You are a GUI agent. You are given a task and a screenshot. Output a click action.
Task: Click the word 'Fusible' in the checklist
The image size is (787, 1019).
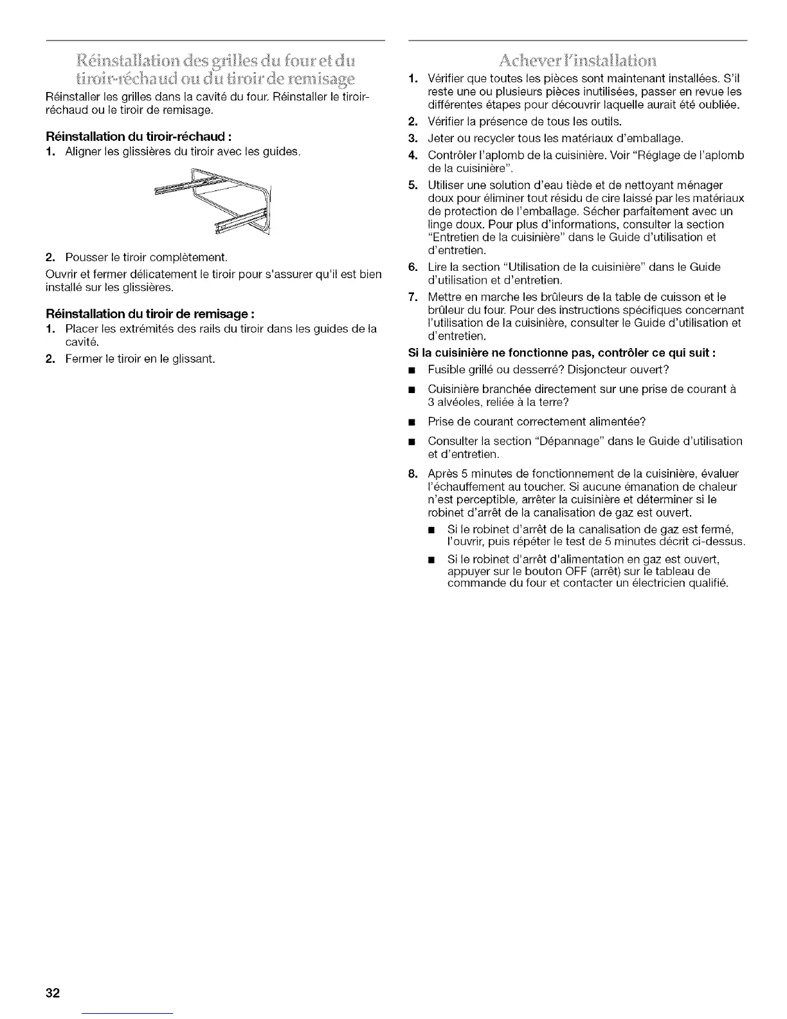point(445,370)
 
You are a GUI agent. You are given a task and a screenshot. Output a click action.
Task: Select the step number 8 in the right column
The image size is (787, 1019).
point(413,474)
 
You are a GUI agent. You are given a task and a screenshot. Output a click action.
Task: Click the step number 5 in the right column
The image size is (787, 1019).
point(413,185)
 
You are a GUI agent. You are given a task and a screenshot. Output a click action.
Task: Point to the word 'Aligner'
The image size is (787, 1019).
point(84,152)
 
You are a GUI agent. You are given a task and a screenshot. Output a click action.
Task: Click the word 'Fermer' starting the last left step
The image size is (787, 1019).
point(82,358)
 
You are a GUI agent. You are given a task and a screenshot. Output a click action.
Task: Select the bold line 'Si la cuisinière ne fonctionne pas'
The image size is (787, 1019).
point(562,353)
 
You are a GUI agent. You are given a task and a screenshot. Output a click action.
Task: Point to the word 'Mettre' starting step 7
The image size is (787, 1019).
point(444,297)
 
